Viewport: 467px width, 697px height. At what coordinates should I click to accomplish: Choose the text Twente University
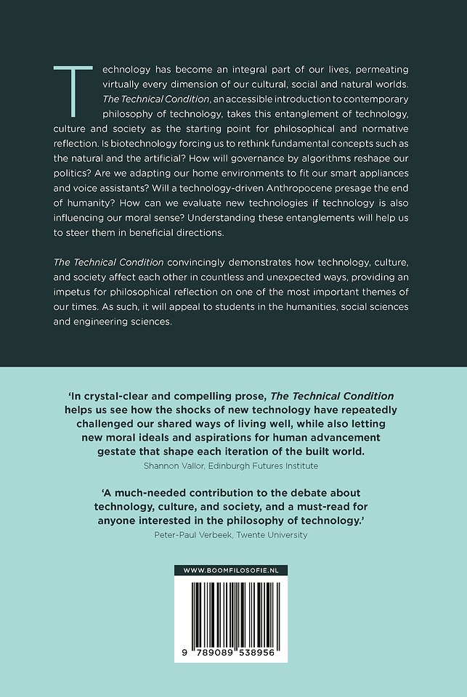pyautogui.click(x=276, y=535)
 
